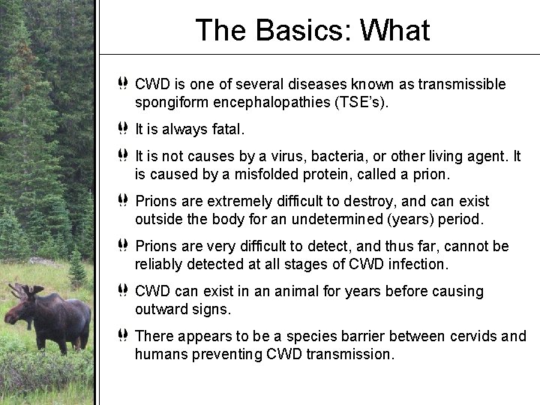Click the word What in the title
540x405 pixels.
coord(395,31)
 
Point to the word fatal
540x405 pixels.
coord(226,130)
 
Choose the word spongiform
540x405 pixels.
coord(171,101)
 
